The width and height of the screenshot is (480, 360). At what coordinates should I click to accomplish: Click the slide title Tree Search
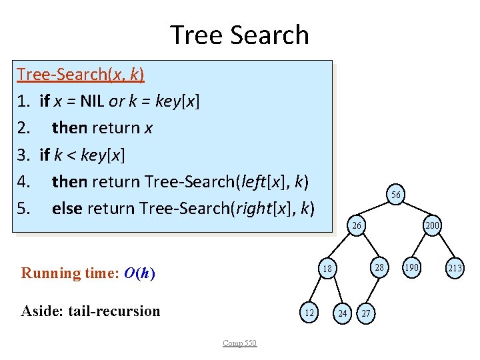click(239, 35)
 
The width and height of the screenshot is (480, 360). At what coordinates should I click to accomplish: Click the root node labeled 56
click(395, 195)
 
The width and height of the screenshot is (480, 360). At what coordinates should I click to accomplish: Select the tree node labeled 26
click(357, 226)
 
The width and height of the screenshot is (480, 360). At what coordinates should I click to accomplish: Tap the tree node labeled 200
click(432, 226)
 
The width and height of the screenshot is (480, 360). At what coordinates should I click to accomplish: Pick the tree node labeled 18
click(327, 269)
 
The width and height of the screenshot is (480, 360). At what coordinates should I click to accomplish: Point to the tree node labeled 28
click(379, 268)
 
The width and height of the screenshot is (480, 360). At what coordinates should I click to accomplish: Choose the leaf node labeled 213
click(455, 269)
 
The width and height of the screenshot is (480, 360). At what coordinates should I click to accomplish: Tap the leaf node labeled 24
click(342, 312)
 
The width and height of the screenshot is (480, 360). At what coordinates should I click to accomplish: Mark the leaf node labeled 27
click(365, 312)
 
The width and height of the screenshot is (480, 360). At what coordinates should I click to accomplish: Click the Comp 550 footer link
click(240, 343)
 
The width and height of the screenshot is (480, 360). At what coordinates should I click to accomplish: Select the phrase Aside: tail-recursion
click(91, 311)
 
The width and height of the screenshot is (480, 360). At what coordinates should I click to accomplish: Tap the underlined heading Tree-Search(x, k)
click(81, 73)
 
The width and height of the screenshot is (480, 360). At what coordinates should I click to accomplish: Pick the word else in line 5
click(67, 208)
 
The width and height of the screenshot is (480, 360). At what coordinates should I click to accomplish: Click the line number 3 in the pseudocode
click(23, 155)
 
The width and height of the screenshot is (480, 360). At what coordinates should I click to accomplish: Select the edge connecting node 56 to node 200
click(414, 211)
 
